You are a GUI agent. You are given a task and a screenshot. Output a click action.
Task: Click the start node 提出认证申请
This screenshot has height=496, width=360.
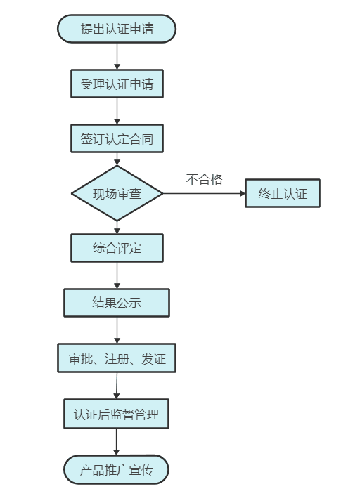pos(117,29)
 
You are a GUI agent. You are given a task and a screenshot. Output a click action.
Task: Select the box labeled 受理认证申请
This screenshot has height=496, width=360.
pos(117,84)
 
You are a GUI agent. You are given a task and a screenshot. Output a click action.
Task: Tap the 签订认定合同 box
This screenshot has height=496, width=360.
pos(117,138)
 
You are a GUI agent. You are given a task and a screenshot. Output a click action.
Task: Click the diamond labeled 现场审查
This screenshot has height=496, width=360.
pos(117,193)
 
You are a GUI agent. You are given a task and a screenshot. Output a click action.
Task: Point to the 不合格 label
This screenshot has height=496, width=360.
pos(204,179)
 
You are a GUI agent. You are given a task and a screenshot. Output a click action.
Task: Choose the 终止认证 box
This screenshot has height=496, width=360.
pos(283,193)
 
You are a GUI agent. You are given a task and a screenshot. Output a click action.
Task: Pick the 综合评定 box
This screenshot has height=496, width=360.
pos(117,248)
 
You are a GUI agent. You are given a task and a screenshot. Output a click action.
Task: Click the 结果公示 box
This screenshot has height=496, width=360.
pos(117,303)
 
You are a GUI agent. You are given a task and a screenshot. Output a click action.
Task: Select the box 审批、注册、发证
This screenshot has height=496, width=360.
pos(117,358)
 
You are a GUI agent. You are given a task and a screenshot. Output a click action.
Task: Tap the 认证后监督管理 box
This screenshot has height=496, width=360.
pos(116,414)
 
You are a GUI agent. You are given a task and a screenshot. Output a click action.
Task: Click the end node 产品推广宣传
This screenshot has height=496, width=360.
pos(116,470)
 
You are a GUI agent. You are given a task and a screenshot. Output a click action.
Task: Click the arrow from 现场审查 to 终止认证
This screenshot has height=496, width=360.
pos(204,193)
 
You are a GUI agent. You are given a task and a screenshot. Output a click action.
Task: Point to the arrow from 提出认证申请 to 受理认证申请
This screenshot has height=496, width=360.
pos(117,56)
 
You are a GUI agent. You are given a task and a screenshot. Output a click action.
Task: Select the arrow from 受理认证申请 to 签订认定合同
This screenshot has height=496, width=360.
pos(117,111)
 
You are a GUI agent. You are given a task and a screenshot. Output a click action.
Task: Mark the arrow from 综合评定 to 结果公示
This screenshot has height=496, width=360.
pos(117,275)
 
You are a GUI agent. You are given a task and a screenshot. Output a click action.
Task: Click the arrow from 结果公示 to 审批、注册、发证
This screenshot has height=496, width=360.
pos(117,330)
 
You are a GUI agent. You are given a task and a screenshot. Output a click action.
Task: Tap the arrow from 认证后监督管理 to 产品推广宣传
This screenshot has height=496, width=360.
pos(116,442)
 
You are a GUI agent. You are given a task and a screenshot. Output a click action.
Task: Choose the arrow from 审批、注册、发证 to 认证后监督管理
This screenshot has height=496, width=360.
pos(117,386)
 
